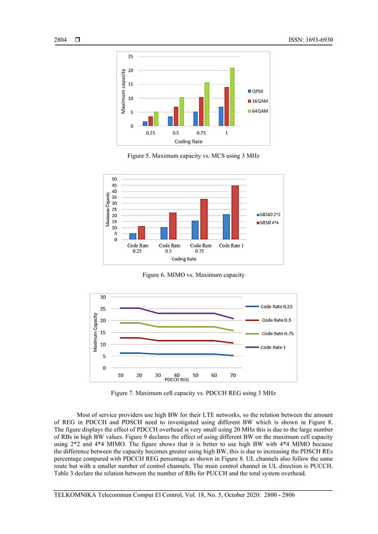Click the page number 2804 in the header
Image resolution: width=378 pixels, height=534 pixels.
(x=61, y=40)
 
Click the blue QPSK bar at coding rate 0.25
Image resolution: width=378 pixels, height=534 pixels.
(x=145, y=123)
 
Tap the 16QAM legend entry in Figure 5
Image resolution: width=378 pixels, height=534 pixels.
(x=260, y=102)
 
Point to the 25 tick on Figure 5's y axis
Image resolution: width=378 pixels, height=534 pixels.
(x=130, y=57)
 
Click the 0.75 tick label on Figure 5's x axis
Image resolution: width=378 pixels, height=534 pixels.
(x=202, y=133)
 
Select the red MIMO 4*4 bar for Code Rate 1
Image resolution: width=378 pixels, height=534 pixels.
(x=235, y=213)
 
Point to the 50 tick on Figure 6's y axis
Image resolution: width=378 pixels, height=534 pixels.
(x=114, y=179)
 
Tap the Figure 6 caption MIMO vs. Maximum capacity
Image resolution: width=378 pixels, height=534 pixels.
(x=193, y=275)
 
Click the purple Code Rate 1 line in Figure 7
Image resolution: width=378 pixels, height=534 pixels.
(x=178, y=313)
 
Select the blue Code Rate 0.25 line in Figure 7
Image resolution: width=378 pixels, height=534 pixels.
(x=178, y=354)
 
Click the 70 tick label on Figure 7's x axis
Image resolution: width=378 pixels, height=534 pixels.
(x=232, y=375)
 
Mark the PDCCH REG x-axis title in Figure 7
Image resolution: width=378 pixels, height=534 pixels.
(x=177, y=379)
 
